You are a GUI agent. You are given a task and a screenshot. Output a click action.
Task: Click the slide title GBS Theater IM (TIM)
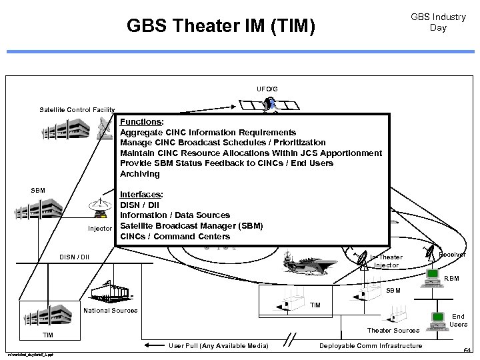coord(221,27)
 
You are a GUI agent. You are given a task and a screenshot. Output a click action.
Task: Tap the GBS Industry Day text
coord(438,22)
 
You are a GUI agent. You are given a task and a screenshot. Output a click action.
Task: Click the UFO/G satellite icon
coord(269,105)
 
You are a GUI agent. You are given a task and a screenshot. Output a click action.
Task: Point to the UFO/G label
coord(267,89)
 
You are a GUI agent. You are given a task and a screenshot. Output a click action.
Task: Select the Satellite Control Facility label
coord(77,110)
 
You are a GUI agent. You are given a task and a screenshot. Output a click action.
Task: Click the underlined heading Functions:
coord(141,122)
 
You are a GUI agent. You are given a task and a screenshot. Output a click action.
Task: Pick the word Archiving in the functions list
coord(140,174)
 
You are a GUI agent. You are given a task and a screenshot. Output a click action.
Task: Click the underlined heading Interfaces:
coord(141,194)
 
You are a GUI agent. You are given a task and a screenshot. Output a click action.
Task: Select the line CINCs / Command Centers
coord(175,236)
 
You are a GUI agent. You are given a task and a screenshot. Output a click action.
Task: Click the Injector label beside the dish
coord(100,229)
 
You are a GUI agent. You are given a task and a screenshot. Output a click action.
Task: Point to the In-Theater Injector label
coord(387,261)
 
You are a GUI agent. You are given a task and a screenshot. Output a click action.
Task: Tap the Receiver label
coord(452,255)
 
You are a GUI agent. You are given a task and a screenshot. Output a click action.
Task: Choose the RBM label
coord(451,279)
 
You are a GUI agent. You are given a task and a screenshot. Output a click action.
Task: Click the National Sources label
coord(111,311)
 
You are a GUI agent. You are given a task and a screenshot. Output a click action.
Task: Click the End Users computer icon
coord(438,320)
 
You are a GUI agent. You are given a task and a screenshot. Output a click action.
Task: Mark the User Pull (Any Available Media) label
coord(219,345)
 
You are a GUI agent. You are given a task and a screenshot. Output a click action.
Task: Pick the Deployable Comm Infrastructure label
coord(371,345)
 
